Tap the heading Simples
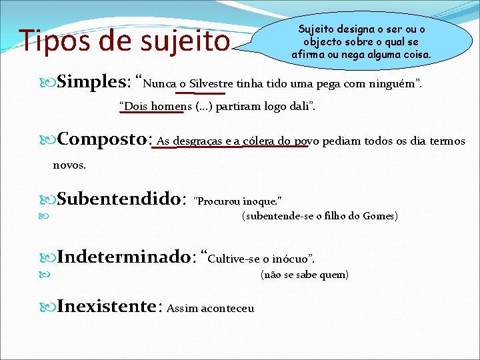point(93,83)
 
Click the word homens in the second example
point(163,106)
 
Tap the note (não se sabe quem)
point(304,275)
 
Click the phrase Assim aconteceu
point(211,308)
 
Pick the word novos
point(69,165)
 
